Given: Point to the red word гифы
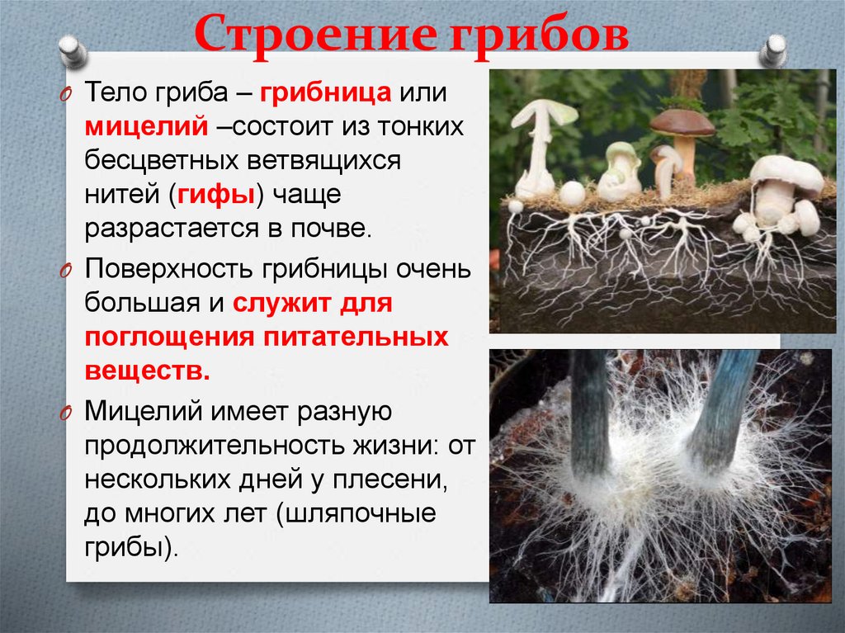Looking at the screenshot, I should (219, 196).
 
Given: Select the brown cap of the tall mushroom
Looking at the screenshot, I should (682, 123).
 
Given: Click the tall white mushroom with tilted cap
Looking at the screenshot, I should (541, 140).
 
